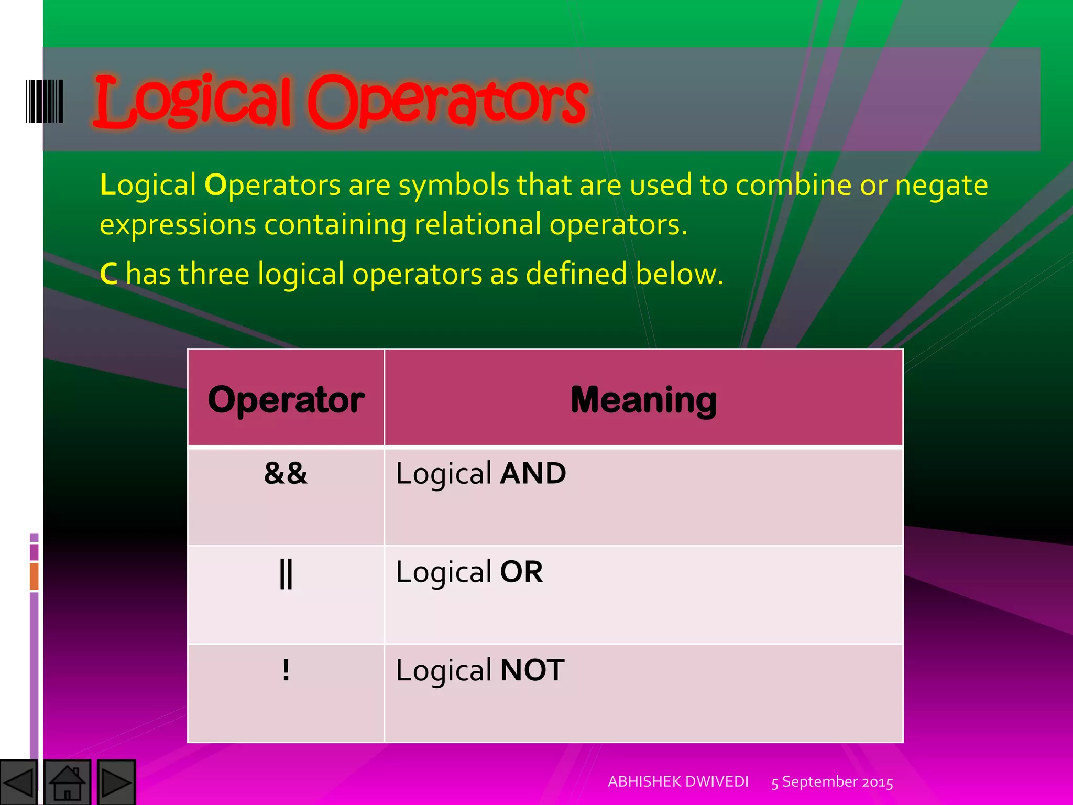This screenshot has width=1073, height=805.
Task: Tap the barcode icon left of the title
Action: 45,101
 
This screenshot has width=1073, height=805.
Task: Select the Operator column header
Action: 286,400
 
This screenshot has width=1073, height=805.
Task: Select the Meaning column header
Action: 643,400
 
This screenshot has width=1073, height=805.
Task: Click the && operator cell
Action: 286,473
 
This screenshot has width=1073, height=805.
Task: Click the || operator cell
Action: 286,573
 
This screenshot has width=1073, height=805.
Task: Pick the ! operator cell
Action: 286,670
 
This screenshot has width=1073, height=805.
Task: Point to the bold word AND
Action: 533,473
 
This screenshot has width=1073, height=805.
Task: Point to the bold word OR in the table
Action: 521,572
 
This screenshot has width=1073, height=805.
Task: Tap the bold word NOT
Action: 532,670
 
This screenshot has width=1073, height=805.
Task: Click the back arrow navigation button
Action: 19,782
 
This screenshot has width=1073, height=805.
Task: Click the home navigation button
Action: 67,782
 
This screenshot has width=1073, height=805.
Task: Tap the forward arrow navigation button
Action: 116,782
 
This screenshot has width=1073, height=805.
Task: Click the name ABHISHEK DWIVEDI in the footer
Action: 678,781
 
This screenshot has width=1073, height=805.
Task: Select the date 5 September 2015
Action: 832,782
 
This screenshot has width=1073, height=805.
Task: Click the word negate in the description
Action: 941,186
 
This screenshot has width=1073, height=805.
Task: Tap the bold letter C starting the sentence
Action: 108,274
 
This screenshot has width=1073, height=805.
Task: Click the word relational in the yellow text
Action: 477,225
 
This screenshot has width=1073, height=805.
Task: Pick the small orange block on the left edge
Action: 34,576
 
